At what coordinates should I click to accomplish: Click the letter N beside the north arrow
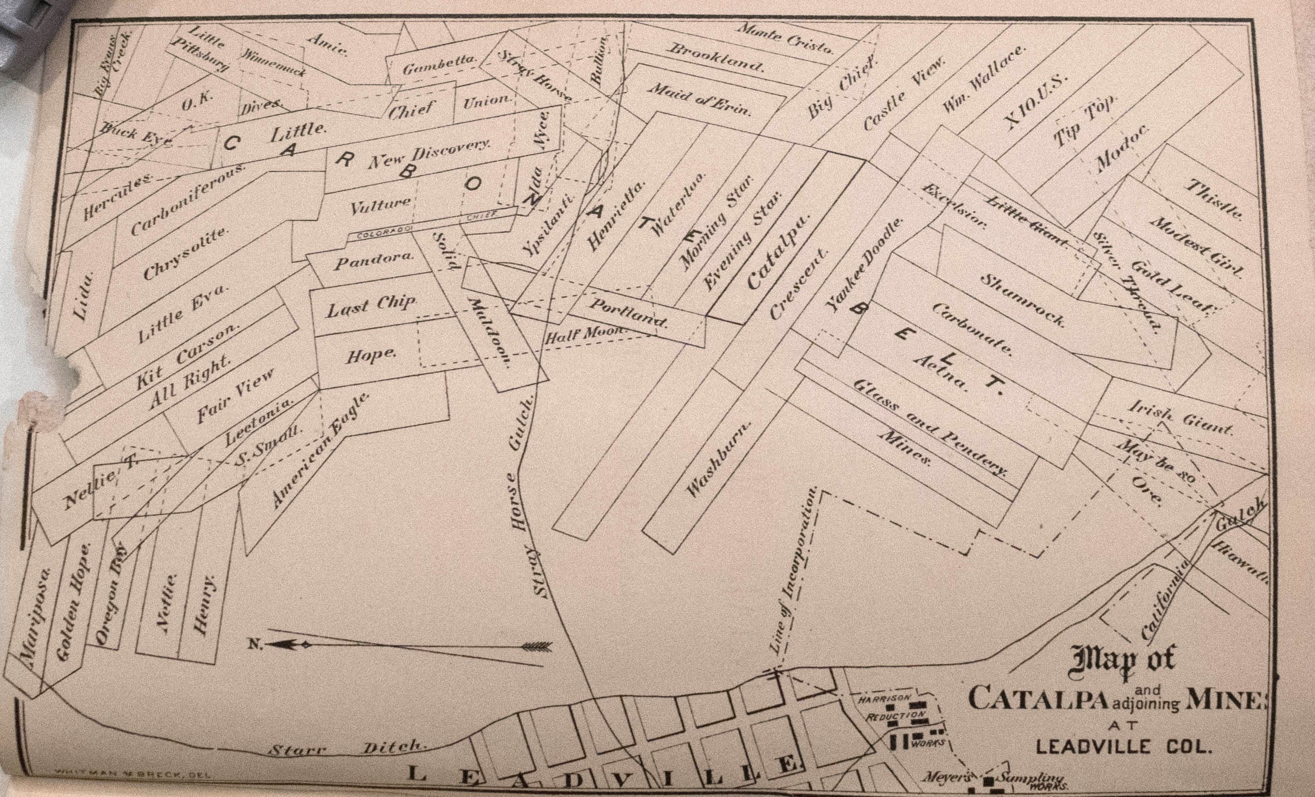tap(254, 644)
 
